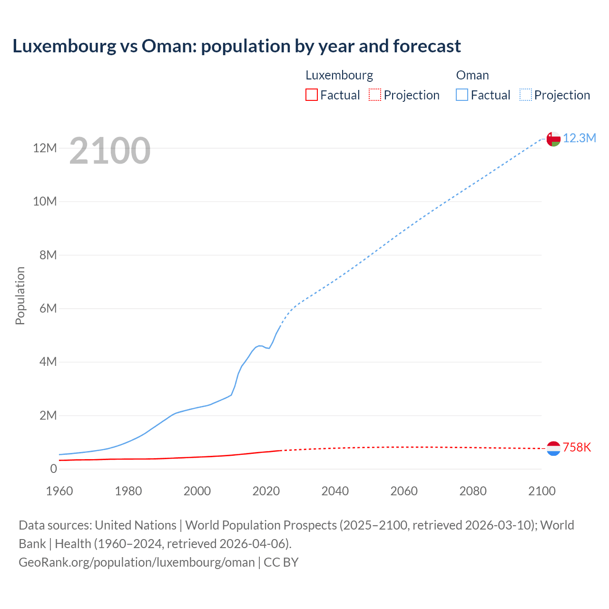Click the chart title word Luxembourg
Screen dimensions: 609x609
pyautogui.click(x=64, y=46)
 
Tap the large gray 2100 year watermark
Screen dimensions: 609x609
pyautogui.click(x=110, y=151)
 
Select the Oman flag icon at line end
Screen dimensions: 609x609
pyautogui.click(x=553, y=139)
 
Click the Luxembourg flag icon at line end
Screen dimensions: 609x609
pyautogui.click(x=553, y=448)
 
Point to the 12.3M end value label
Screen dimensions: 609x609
pyautogui.click(x=580, y=138)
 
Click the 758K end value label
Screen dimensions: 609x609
pyautogui.click(x=577, y=448)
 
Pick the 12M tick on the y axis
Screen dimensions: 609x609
pyautogui.click(x=45, y=148)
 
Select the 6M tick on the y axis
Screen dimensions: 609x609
pyautogui.click(x=48, y=308)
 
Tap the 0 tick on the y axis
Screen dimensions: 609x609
pyautogui.click(x=53, y=469)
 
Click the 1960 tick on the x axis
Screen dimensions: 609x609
pyautogui.click(x=59, y=491)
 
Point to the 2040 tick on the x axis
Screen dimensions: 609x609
pyautogui.click(x=335, y=491)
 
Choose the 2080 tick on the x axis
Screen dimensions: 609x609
pyautogui.click(x=473, y=491)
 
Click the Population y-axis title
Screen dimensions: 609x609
pyautogui.click(x=20, y=295)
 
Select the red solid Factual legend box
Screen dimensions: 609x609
pyautogui.click(x=312, y=95)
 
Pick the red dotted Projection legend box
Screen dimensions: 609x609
pyautogui.click(x=375, y=95)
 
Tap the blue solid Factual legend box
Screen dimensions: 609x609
pyautogui.click(x=462, y=95)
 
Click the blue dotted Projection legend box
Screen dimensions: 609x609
pyautogui.click(x=526, y=95)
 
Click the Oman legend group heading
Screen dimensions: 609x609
pyautogui.click(x=472, y=75)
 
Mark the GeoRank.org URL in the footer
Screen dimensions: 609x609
pyautogui.click(x=137, y=562)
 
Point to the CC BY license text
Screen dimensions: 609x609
pyautogui.click(x=281, y=562)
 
